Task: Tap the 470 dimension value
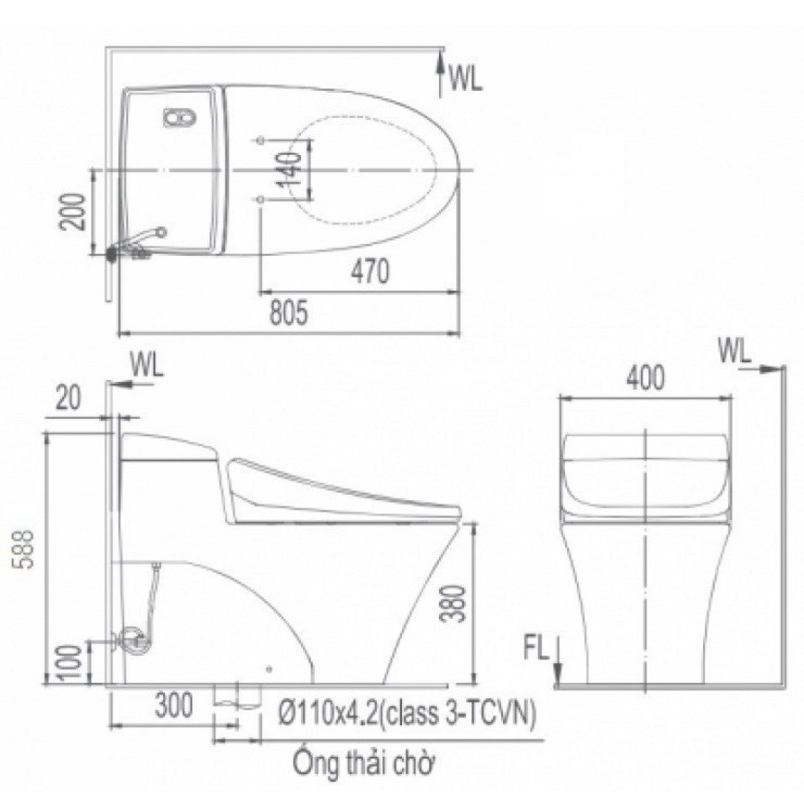[x=370, y=271]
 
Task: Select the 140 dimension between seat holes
[x=291, y=169]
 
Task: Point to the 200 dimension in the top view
[x=72, y=212]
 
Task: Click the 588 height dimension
[x=24, y=550]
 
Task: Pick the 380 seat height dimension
[x=454, y=603]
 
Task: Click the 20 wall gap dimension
[x=68, y=398]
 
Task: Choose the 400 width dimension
[x=645, y=378]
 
